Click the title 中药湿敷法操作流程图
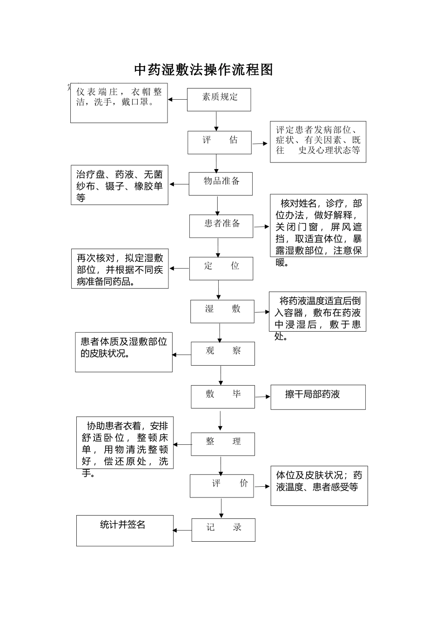pos(203,70)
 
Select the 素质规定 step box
pos(219,100)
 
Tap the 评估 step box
pos(220,142)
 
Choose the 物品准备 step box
pos(221,184)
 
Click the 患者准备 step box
pos(221,226)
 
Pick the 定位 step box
pos(221,268)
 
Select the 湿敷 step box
pos(222,311)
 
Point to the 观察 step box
pos(223,354)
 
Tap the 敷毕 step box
pos(223,396)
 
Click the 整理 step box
pos(223,443)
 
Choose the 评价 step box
pos(222,486)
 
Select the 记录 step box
pos(223,530)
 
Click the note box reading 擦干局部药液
pos(318,397)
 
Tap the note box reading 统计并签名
pos(125,530)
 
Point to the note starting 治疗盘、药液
pos(120,185)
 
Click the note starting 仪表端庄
pos(119,103)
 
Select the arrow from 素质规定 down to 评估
pos(216,121)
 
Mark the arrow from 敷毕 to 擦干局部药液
pos(263,397)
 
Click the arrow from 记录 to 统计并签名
pos(182,530)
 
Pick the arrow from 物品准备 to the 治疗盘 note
pos(179,184)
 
